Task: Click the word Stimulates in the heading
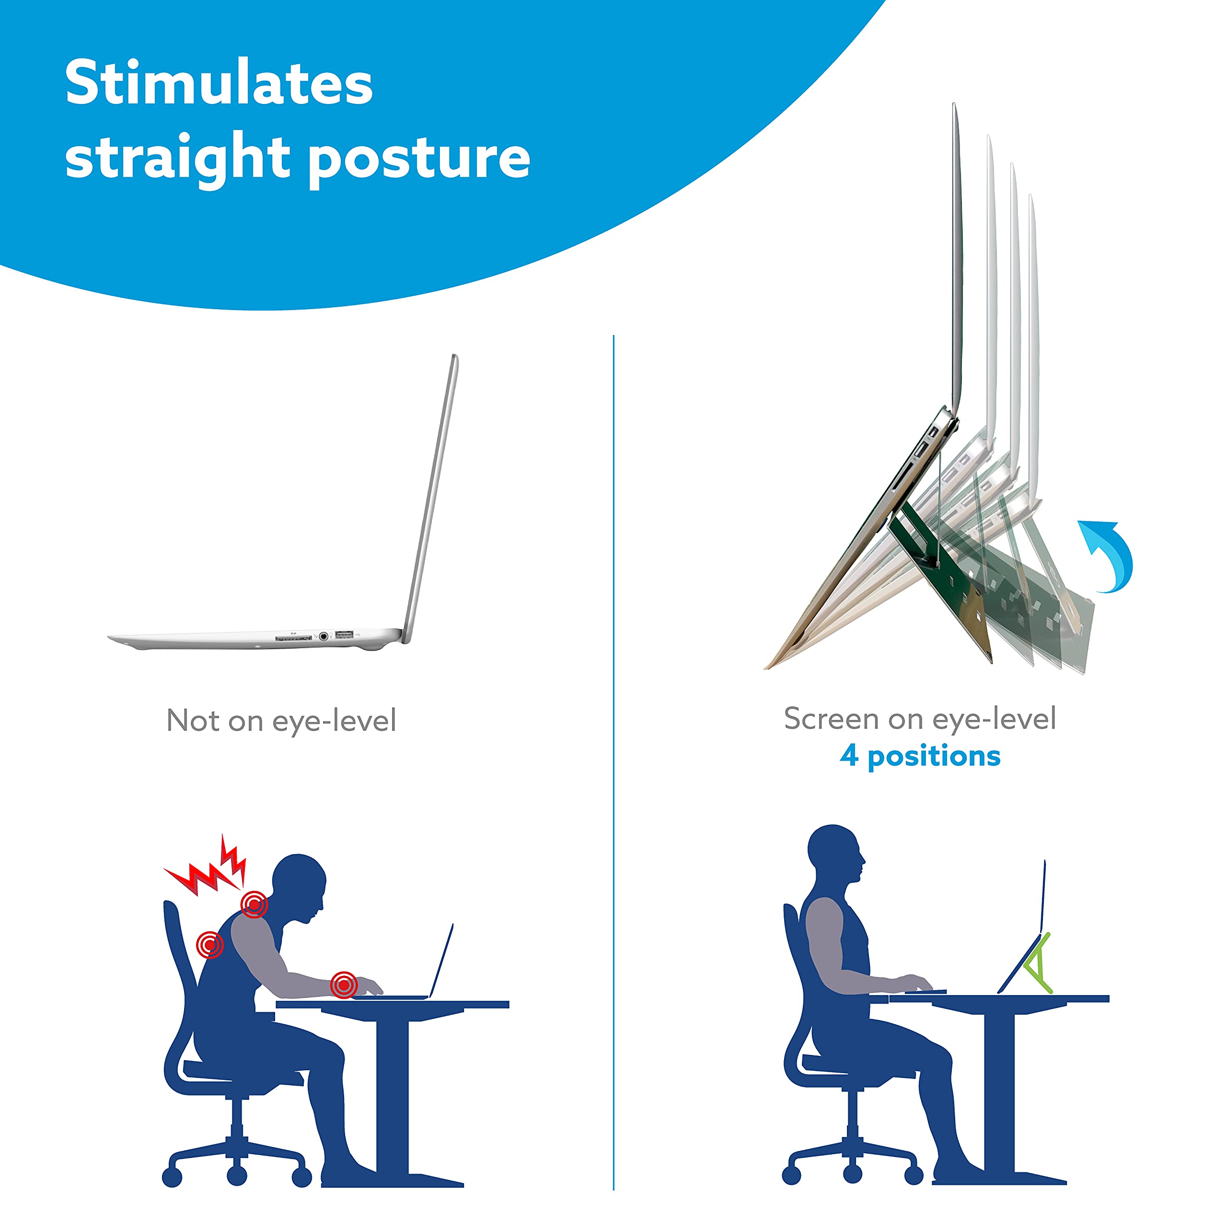[x=219, y=84]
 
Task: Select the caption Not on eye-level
[x=281, y=721]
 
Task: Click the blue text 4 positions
[x=920, y=756]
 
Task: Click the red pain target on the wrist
[x=344, y=985]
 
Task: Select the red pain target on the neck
[x=254, y=904]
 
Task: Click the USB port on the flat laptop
[x=344, y=635]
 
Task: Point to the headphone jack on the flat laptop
[x=324, y=636]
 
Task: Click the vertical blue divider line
[x=613, y=762]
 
